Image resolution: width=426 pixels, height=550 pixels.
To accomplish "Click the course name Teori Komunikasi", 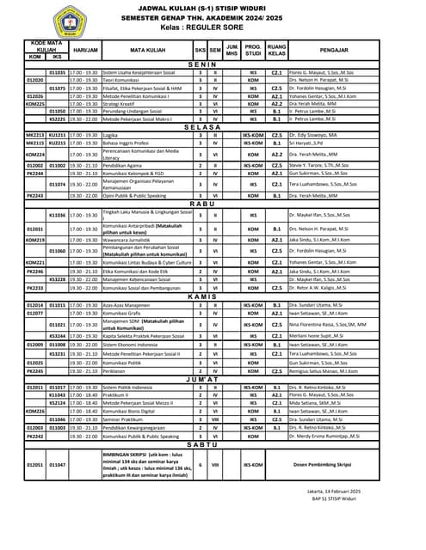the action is (120, 80).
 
